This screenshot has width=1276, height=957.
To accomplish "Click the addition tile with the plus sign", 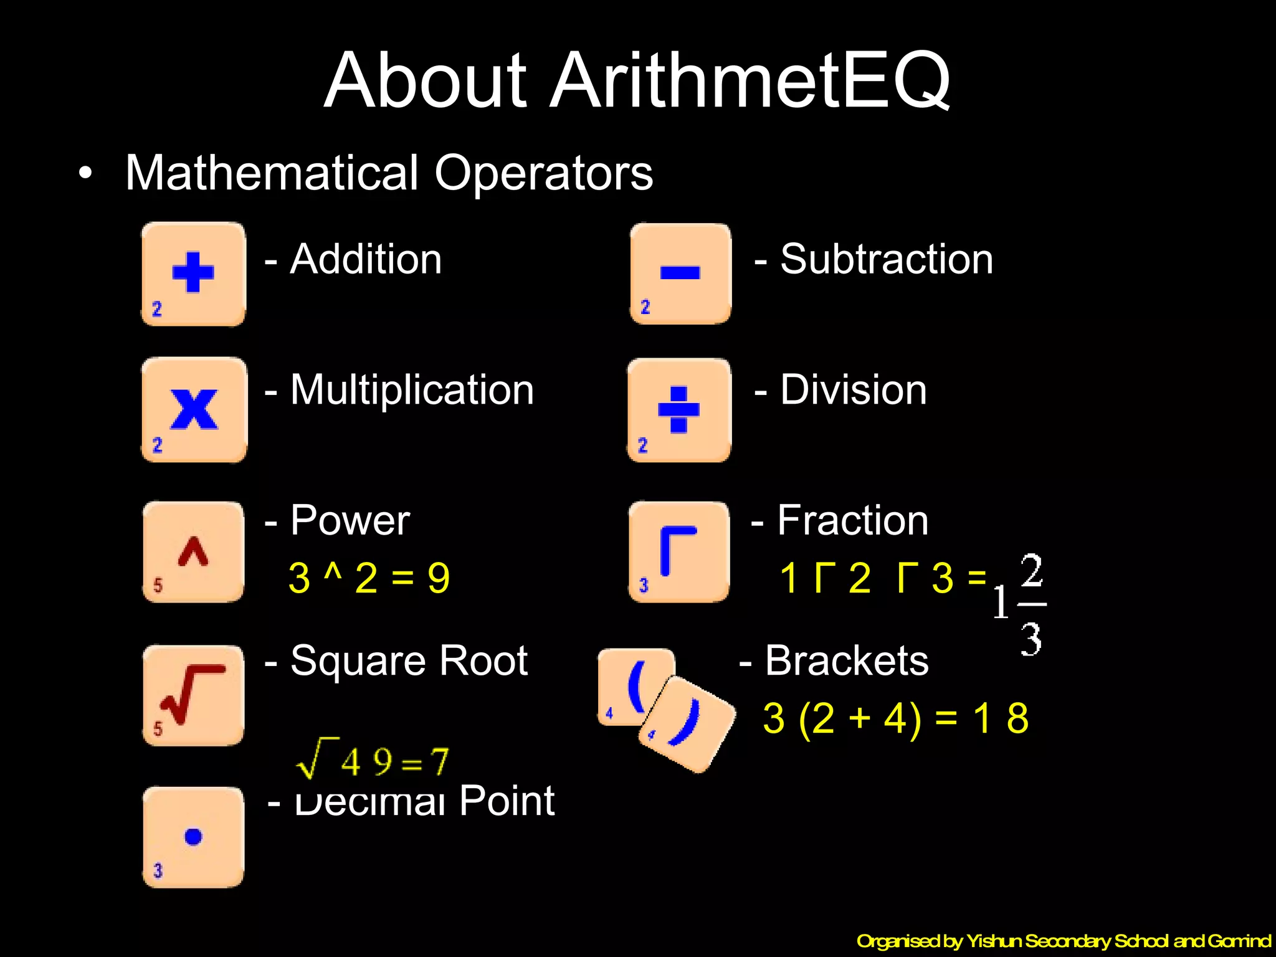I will point(193,274).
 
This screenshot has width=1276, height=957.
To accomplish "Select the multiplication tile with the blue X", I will point(194,410).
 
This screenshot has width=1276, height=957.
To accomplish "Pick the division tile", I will point(679,410).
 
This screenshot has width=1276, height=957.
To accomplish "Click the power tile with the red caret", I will point(193,552).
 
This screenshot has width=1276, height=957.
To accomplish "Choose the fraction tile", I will point(679,552).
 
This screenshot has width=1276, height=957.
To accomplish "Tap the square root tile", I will point(193,695).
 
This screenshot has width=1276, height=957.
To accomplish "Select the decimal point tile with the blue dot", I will point(193,837).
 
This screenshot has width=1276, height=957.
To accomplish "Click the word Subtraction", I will point(887,259).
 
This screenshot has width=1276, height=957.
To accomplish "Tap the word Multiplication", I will point(412,391).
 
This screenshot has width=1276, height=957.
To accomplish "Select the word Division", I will point(854,391).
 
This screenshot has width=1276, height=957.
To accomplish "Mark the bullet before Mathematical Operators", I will point(86,174).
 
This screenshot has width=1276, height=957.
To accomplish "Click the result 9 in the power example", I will point(439,578).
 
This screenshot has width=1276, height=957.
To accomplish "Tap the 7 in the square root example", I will point(439,761).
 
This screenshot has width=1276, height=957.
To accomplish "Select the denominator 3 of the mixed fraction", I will point(1031,639).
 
